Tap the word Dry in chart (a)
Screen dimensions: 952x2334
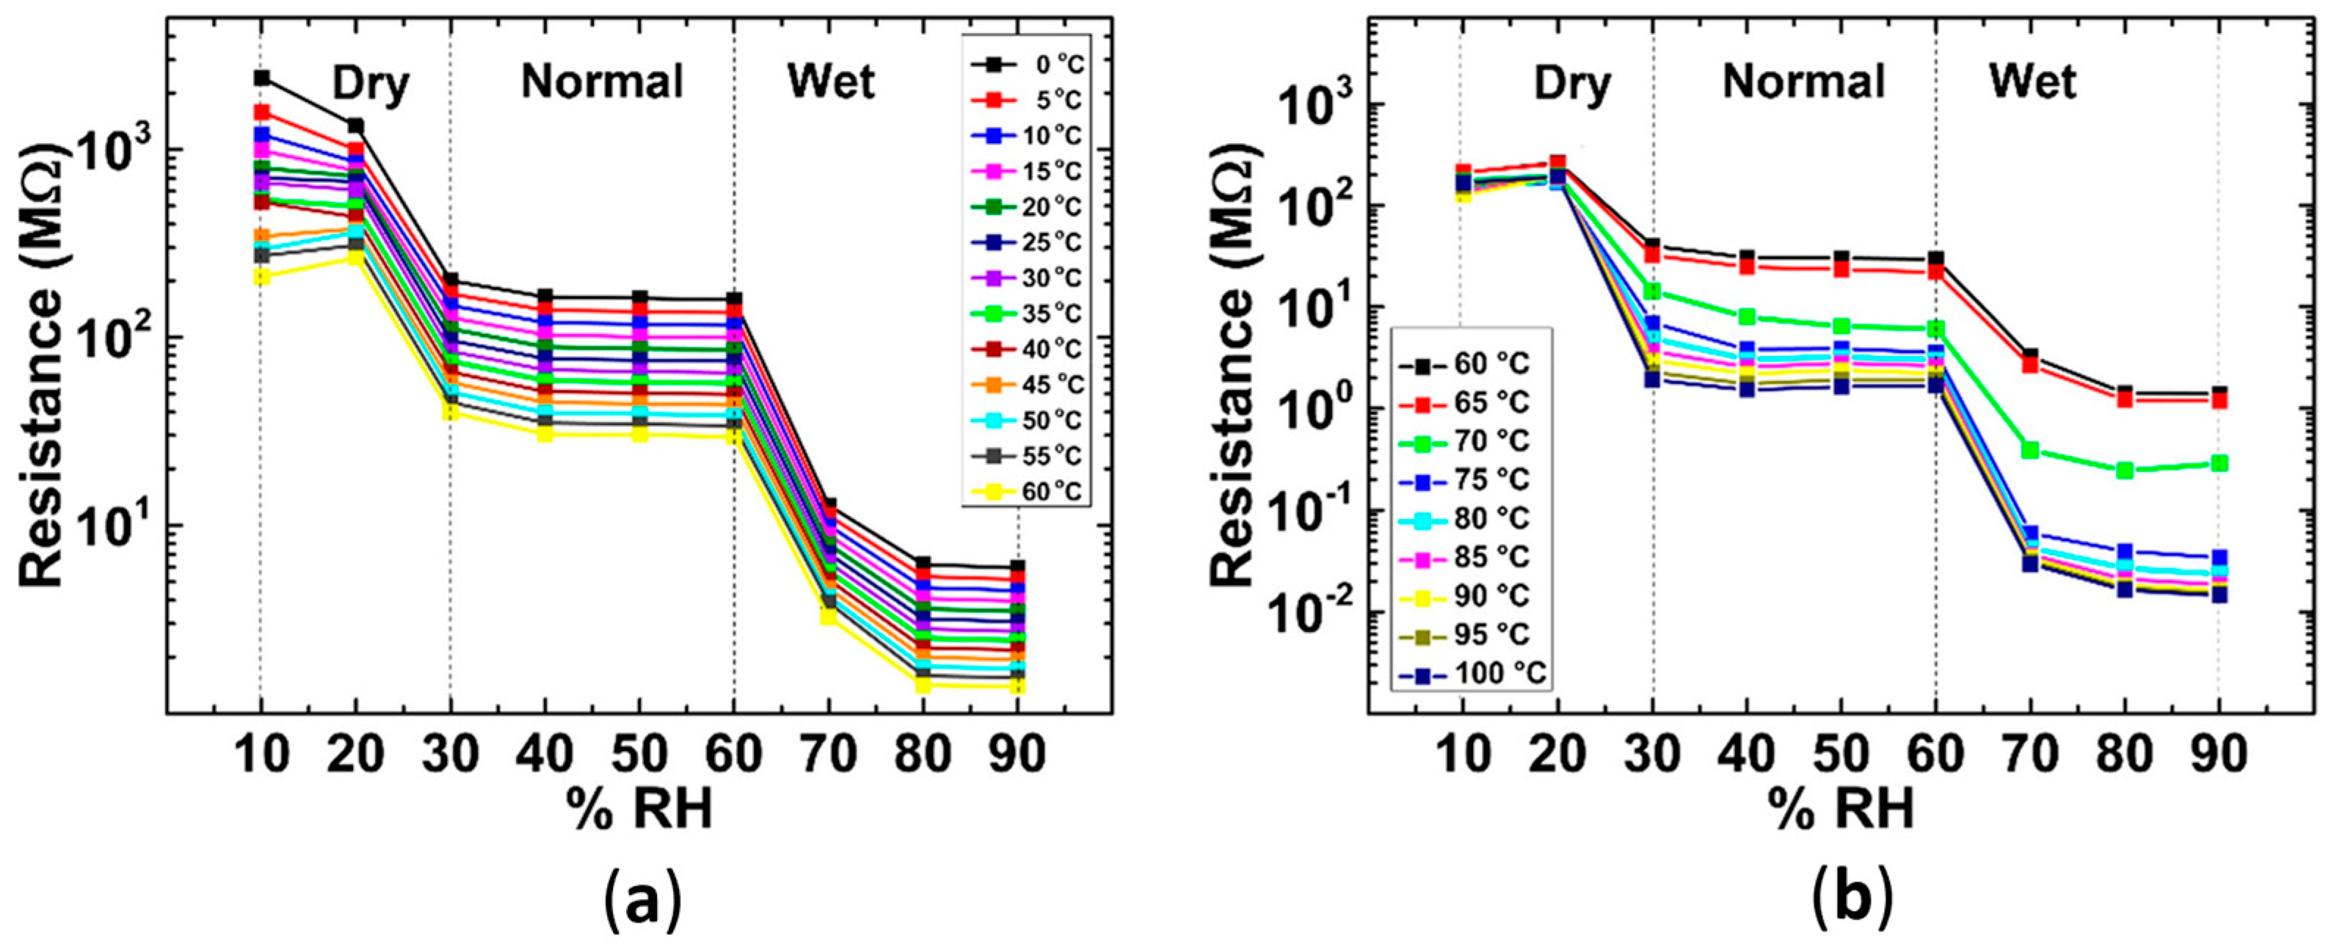tap(371, 84)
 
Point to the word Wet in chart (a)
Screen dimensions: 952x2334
tap(831, 82)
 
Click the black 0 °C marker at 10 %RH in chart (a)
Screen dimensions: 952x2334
tap(262, 79)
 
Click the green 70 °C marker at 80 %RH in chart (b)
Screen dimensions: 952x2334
tap(2125, 470)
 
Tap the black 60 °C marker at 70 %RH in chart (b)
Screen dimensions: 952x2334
tap(2030, 356)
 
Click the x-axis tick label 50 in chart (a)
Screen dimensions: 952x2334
tap(640, 755)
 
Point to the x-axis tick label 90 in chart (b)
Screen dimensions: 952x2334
tap(2218, 755)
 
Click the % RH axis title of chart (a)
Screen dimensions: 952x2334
tap(640, 809)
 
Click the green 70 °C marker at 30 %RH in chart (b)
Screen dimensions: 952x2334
tap(1654, 291)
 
